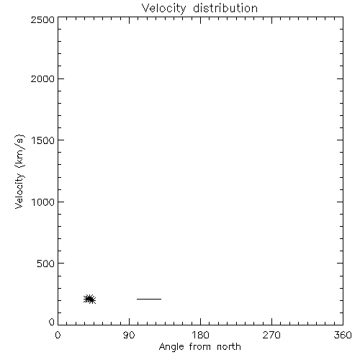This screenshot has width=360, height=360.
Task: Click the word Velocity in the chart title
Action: click(x=164, y=9)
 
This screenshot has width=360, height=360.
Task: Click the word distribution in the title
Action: click(x=225, y=8)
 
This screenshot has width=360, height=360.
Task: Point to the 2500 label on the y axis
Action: click(x=42, y=19)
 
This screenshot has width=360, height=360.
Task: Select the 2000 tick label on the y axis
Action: click(x=42, y=78)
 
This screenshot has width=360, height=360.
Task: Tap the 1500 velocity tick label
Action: click(x=43, y=140)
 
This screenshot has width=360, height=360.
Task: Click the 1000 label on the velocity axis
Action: click(x=43, y=202)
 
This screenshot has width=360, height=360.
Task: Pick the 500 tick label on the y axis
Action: click(x=45, y=264)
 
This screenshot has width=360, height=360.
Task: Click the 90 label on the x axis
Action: click(x=129, y=335)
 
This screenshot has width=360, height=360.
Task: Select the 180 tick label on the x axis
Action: click(x=200, y=335)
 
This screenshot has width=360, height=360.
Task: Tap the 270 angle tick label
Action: click(x=271, y=335)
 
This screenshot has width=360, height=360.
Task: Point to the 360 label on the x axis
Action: click(x=343, y=335)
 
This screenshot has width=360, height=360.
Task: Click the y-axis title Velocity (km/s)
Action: click(x=19, y=171)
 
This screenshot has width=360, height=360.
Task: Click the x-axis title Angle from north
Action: click(x=199, y=347)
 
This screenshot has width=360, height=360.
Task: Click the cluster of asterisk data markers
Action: click(x=89, y=299)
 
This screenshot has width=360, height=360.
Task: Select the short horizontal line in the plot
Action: click(x=149, y=299)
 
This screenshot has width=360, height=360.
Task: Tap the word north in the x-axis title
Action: click(x=229, y=347)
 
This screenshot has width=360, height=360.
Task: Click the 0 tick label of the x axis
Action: click(x=58, y=335)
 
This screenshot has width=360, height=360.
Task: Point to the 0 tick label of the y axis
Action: click(x=52, y=322)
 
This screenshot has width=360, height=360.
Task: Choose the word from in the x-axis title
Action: click(x=200, y=347)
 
